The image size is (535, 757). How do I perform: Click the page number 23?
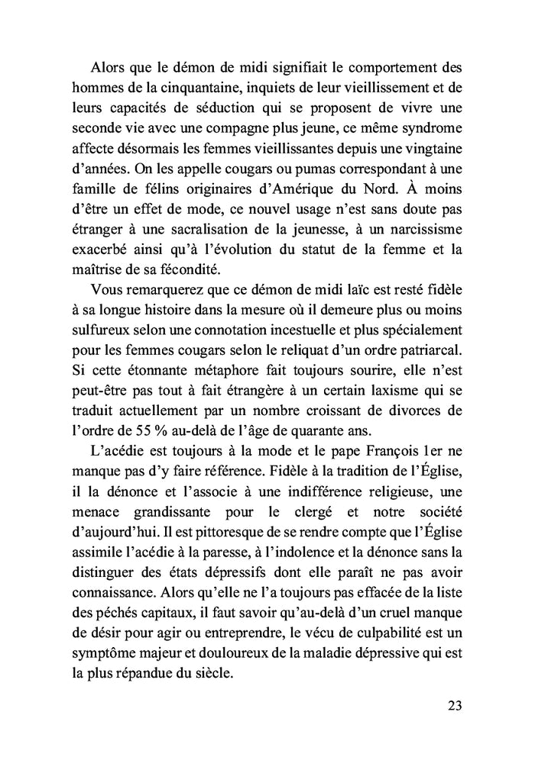tap(455, 705)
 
